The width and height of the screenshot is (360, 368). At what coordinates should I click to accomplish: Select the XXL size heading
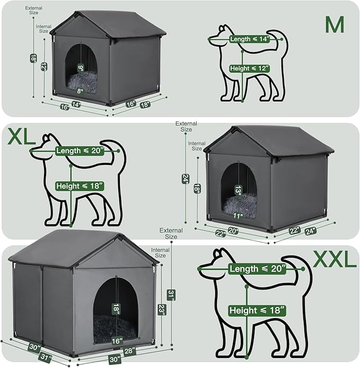pyautogui.click(x=335, y=259)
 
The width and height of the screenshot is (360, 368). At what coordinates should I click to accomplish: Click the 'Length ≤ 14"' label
pyautogui.click(x=250, y=39)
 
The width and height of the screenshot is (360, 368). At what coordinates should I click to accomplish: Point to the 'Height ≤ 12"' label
pyautogui.click(x=250, y=68)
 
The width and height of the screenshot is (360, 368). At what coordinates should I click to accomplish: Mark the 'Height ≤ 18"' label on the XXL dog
pyautogui.click(x=257, y=309)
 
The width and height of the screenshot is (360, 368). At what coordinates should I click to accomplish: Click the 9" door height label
pyautogui.click(x=81, y=67)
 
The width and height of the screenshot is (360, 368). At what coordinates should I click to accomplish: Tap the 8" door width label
pyautogui.click(x=81, y=91)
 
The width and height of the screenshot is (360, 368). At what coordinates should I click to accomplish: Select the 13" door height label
pyautogui.click(x=238, y=190)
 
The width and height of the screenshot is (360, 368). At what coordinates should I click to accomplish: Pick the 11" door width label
pyautogui.click(x=238, y=216)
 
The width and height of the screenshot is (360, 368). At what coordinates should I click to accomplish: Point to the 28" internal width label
pyautogui.click(x=129, y=351)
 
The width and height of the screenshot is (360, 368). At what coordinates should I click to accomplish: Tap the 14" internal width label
pyautogui.click(x=76, y=105)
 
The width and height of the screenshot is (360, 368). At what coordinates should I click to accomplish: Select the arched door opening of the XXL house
pyautogui.click(x=116, y=308)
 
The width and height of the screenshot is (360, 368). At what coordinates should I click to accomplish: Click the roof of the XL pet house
pyautogui.click(x=270, y=141)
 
